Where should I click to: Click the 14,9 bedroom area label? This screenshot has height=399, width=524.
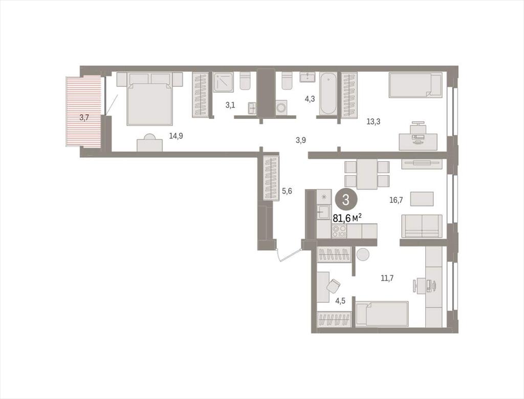click(176, 136)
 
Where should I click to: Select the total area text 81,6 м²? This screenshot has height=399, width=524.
click(347, 218)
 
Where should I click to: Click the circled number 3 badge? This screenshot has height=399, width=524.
click(346, 200)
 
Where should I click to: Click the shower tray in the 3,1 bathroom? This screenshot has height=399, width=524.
click(224, 82)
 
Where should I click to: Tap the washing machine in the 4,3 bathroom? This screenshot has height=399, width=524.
click(281, 108)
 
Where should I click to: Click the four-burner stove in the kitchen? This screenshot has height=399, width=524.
click(339, 231)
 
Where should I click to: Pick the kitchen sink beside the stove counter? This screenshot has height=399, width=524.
click(323, 212)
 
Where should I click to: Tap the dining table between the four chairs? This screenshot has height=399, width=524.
click(367, 174)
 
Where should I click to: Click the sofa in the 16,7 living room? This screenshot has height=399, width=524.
click(422, 226)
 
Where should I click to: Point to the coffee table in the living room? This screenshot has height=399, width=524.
click(422, 199)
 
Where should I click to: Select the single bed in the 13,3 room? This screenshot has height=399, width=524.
click(416, 86)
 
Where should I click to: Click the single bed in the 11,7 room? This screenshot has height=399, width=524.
click(382, 313)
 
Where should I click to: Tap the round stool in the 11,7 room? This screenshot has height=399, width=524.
click(363, 255)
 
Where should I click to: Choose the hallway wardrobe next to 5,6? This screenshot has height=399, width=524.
click(271, 179)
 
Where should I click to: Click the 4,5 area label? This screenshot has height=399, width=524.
click(340, 301)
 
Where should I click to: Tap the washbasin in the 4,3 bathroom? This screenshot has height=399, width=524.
click(308, 77)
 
